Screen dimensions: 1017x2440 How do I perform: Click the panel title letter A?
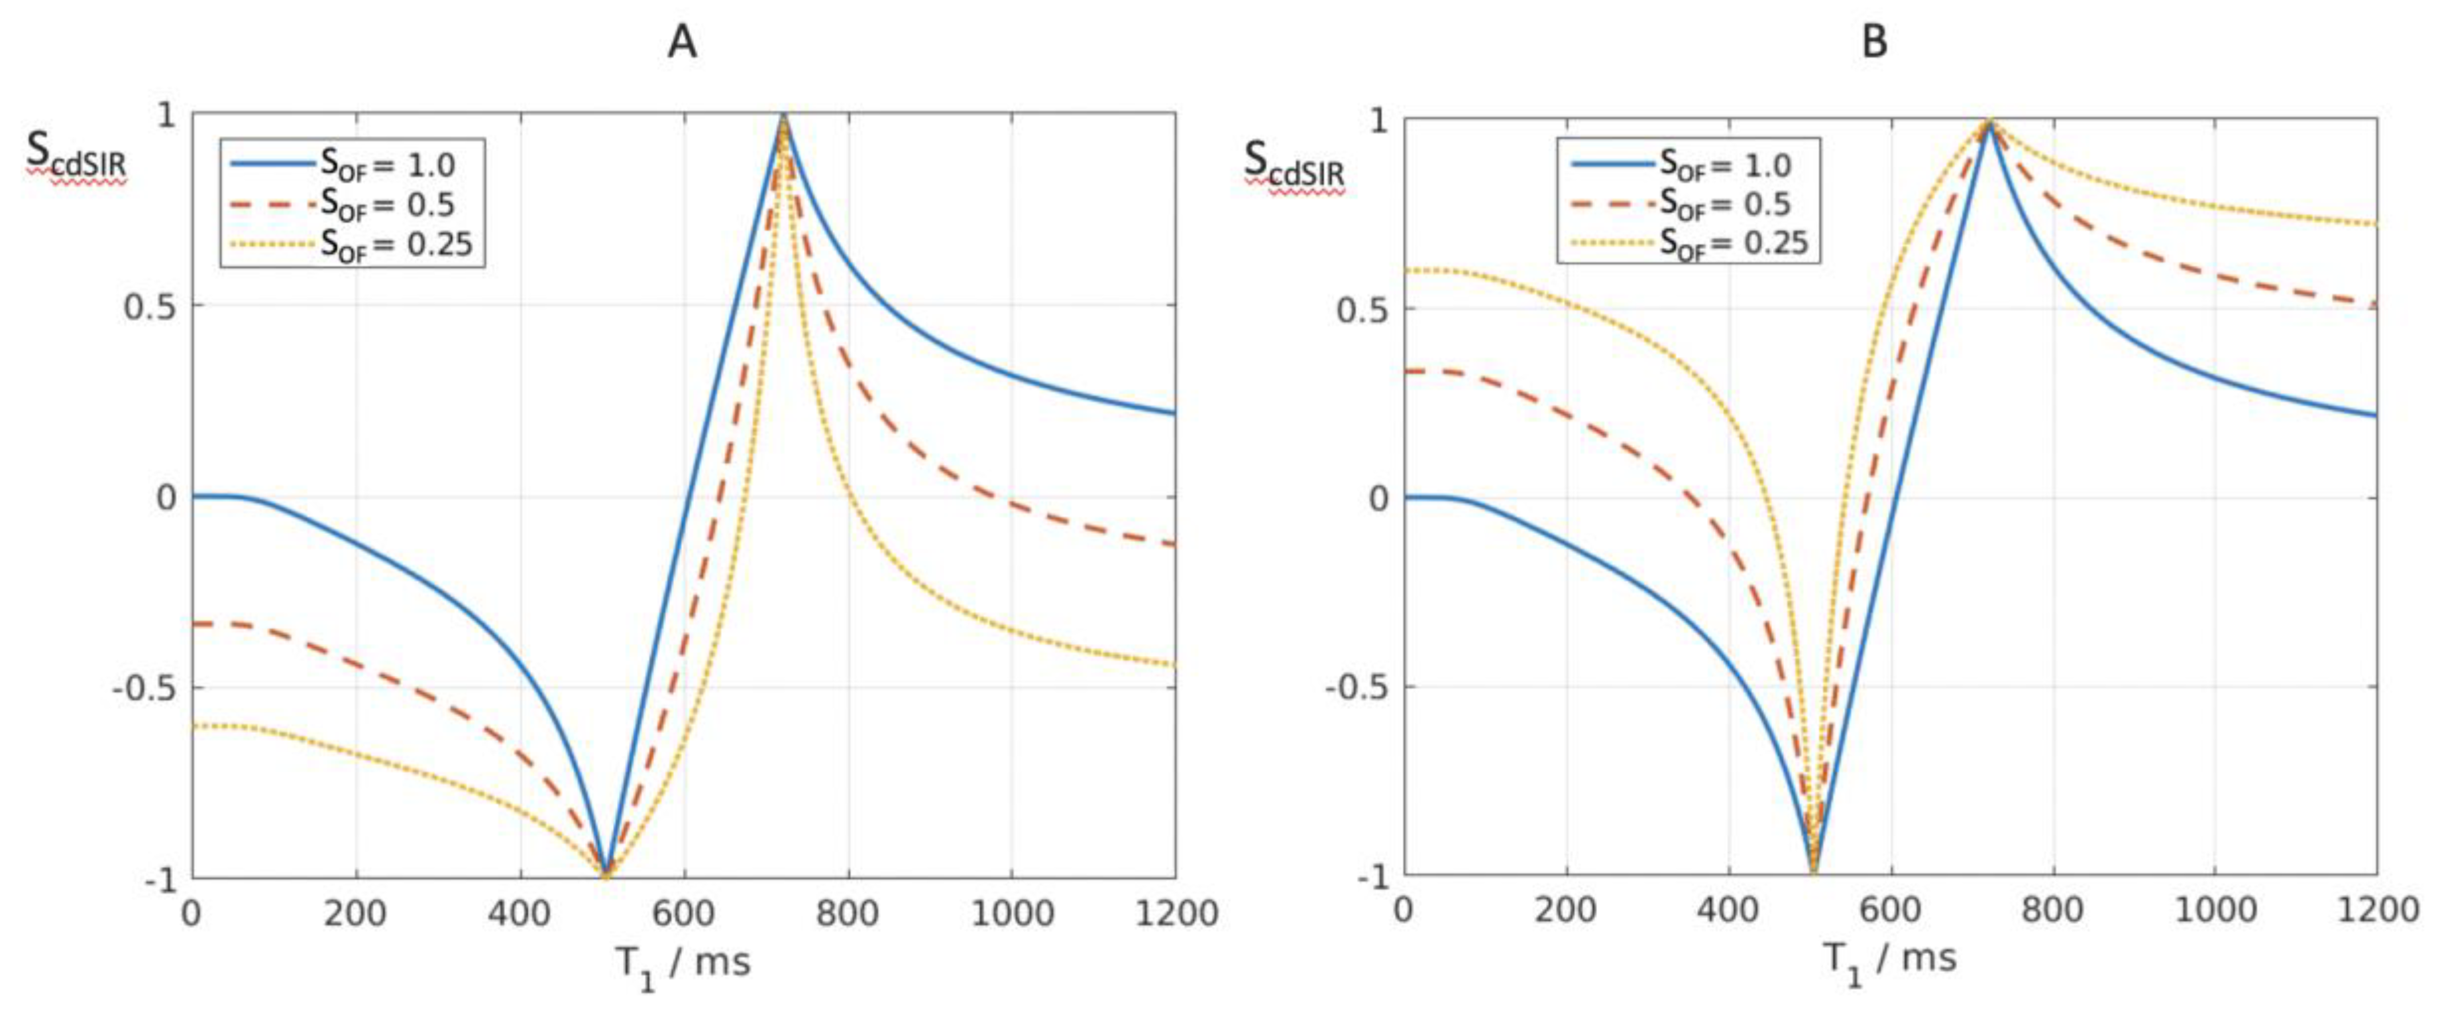point(682,42)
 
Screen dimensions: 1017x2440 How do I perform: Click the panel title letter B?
point(1875,42)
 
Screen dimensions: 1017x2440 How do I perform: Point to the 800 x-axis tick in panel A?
point(847,913)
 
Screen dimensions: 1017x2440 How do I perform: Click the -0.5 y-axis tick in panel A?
point(144,688)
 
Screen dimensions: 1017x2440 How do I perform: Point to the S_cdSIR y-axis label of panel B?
point(1294,163)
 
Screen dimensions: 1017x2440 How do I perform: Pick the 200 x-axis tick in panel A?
point(356,913)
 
